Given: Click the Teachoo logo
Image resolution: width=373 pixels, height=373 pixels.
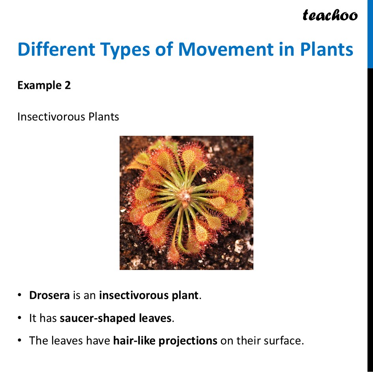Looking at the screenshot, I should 330,15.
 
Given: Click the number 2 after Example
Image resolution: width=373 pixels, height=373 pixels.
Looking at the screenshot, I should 67,85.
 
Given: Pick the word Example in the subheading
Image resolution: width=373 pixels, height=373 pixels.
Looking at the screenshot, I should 39,86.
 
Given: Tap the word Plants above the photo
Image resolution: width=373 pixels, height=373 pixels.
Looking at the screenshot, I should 103,117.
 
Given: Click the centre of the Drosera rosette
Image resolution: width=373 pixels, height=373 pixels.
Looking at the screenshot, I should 185,194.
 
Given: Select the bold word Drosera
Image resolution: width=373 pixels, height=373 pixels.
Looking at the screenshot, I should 49,295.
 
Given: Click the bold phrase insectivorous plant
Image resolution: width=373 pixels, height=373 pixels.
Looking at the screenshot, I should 149,296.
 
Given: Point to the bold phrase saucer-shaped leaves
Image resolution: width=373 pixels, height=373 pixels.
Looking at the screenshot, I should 116,318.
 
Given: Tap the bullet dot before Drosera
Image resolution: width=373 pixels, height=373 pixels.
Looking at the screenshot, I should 19,295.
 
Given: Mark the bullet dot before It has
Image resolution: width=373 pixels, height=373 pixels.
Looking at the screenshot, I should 19,318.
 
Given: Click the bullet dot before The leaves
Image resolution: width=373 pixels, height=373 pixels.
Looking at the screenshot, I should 19,341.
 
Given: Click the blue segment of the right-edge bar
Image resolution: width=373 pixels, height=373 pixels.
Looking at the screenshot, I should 370,34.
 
